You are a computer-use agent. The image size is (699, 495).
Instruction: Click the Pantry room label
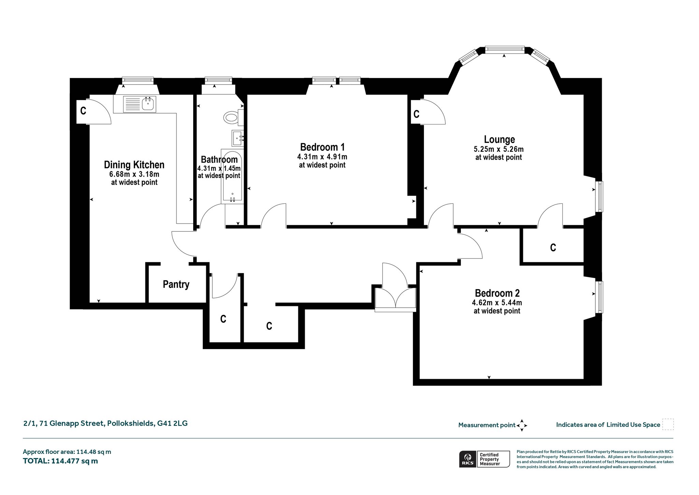pos(176,284)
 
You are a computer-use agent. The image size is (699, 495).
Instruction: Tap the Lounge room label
pos(499,139)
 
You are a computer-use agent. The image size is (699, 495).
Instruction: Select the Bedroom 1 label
pos(323,147)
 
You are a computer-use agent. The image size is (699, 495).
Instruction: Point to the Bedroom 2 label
pos(497,293)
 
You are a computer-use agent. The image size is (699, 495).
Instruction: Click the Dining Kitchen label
pos(134,165)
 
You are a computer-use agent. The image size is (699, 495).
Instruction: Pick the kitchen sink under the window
pos(140,104)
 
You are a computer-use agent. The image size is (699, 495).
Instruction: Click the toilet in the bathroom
pos(234,117)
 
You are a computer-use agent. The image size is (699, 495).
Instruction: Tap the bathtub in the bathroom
pos(232,176)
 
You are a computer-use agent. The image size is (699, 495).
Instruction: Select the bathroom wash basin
pos(238,138)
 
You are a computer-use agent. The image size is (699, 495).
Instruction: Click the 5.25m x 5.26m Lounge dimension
pos(499,149)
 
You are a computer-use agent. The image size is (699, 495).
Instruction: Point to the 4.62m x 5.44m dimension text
pos(497,303)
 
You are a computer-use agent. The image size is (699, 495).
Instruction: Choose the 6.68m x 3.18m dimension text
pos(134,174)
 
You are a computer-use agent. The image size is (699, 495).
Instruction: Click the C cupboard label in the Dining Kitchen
pos(83,111)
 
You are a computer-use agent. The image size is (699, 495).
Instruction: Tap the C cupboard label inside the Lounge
pos(416,114)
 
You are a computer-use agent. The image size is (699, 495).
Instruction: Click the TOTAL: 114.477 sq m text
pos(60,461)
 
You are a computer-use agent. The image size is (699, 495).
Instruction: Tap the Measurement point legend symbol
pos(522,426)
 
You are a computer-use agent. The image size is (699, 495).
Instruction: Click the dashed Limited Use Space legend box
pos(668,424)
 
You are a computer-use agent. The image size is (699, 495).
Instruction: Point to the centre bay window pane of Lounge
pos(505,50)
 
